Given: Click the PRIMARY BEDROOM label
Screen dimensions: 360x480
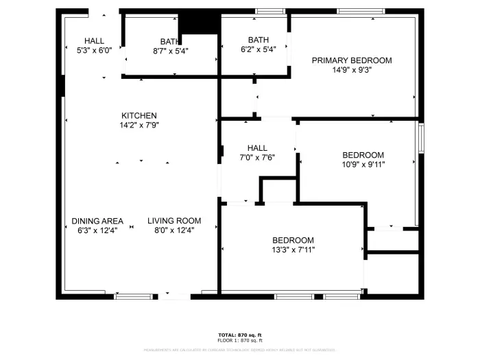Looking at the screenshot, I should coord(352,60).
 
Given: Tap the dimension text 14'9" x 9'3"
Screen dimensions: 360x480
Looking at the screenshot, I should coord(352,69).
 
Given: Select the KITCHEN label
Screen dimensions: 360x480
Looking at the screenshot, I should coord(139,115).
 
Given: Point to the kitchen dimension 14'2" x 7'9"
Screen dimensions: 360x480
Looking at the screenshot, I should coord(139,125).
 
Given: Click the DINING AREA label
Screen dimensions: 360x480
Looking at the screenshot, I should coord(97,221).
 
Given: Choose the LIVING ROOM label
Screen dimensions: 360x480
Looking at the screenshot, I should coord(174,221).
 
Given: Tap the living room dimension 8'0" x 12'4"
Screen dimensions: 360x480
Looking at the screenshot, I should coord(174,230).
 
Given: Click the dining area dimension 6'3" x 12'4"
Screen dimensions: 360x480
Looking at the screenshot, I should coord(97,230).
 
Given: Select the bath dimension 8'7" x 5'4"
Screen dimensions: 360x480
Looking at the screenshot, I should coord(171,51).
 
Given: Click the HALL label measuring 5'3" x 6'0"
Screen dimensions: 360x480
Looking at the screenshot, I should coord(94,40).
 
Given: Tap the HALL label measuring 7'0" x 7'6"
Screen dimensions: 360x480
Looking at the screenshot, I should coord(257,147).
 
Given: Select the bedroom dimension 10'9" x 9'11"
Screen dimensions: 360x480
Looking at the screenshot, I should coord(363,165).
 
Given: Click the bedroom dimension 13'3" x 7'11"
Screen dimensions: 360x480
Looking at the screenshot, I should coord(293,250).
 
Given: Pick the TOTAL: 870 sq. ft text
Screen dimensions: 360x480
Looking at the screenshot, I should coord(240,335).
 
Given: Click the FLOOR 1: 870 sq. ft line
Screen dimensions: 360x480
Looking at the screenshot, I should coord(240,341).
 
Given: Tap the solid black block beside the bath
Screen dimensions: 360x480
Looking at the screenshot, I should coord(199,22).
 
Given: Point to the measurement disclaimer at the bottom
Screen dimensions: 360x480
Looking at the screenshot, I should coord(240,350).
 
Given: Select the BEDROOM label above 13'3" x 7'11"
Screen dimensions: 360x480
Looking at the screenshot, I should coord(293,240).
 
